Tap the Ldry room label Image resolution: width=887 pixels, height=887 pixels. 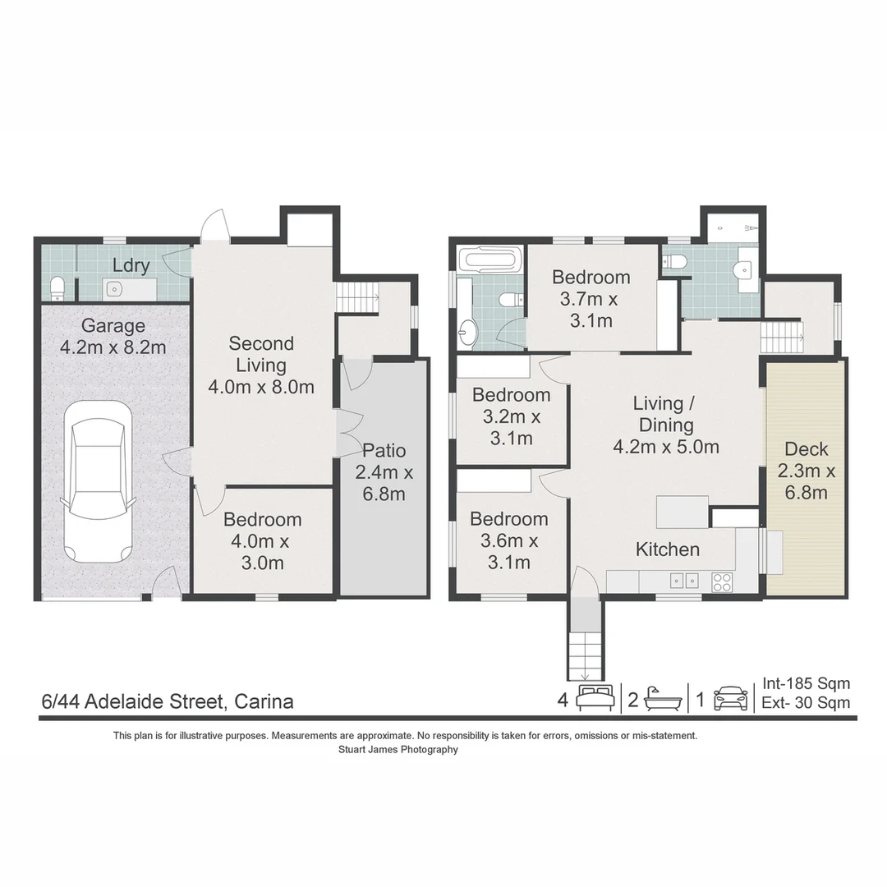[x=131, y=265]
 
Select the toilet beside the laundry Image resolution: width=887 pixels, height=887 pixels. [x=57, y=287]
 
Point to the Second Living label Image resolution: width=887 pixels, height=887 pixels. [x=261, y=365]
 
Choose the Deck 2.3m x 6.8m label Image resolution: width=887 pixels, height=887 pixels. [x=806, y=471]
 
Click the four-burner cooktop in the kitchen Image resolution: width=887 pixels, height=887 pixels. [x=722, y=581]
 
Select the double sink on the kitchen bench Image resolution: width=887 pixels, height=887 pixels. [x=683, y=580]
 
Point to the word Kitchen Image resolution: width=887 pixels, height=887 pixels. [x=668, y=549]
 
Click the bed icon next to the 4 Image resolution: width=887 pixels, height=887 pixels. [x=596, y=699]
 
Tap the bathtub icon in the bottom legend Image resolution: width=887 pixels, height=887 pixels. [x=663, y=699]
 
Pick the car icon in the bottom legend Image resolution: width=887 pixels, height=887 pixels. [x=730, y=699]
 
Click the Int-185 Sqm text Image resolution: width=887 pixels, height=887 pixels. [x=806, y=683]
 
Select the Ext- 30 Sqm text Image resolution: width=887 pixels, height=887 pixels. [x=806, y=703]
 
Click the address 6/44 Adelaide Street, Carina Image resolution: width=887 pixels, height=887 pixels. [x=168, y=702]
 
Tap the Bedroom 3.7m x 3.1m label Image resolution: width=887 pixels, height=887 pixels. [x=591, y=298]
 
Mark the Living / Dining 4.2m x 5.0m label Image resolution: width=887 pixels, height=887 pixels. [x=665, y=425]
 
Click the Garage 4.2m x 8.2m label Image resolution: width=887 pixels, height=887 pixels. [x=113, y=337]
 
